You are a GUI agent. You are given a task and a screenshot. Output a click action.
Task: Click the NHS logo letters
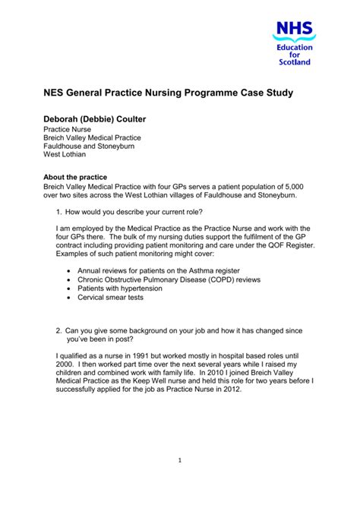293,31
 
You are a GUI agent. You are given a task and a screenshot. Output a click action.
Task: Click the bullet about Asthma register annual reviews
152,270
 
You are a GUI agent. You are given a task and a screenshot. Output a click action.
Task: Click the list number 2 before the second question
59,331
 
